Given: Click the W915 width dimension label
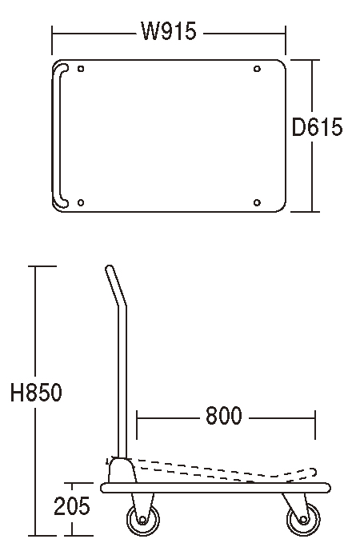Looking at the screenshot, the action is point(169,31).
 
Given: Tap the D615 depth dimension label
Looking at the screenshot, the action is point(317,127).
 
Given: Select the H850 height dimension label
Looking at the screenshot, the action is point(36,392).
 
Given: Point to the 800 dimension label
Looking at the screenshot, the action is point(224,416).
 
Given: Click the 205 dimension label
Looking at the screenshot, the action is point(72,506).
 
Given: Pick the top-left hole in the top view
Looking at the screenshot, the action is point(81,69).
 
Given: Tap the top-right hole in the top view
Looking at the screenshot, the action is point(257,69).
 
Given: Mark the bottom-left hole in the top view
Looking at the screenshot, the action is point(81,203).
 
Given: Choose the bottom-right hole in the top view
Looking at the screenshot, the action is point(257,203).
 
